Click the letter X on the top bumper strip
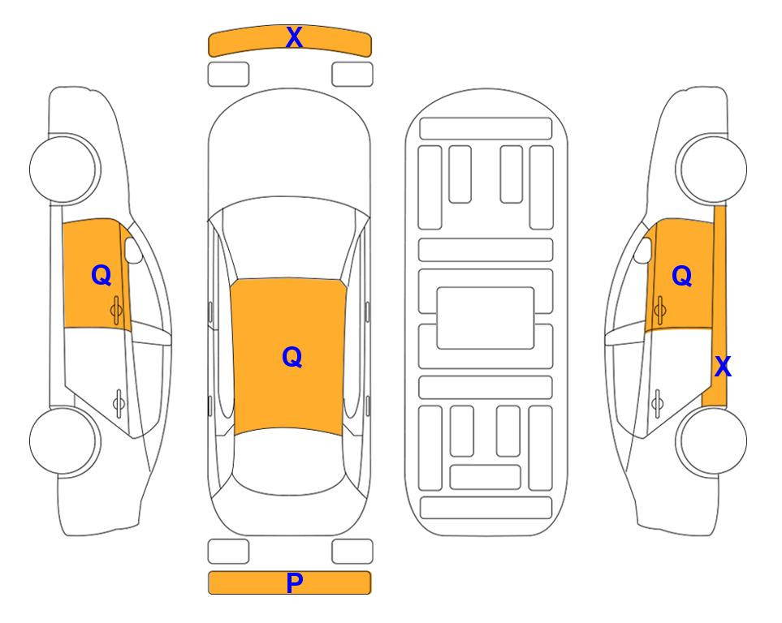[x=294, y=37]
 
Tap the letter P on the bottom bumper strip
[x=294, y=582]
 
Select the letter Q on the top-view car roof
[x=292, y=357]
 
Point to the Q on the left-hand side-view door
[x=102, y=275]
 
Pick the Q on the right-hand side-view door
[x=682, y=276]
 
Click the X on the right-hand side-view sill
[x=723, y=367]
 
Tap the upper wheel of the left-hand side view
[x=63, y=169]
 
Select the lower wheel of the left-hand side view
[x=63, y=440]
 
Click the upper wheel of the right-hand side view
[x=712, y=169]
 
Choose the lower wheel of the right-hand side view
[x=712, y=440]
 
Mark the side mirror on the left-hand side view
[x=132, y=250]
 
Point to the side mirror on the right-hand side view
[x=643, y=250]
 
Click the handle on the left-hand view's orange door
[x=116, y=310]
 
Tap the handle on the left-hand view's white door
[x=119, y=403]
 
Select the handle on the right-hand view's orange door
[x=659, y=310]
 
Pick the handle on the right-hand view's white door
[x=657, y=403]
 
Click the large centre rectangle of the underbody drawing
[x=486, y=318]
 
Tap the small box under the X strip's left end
[x=228, y=75]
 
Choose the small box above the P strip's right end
[x=352, y=552]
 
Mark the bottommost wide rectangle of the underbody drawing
[x=486, y=508]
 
